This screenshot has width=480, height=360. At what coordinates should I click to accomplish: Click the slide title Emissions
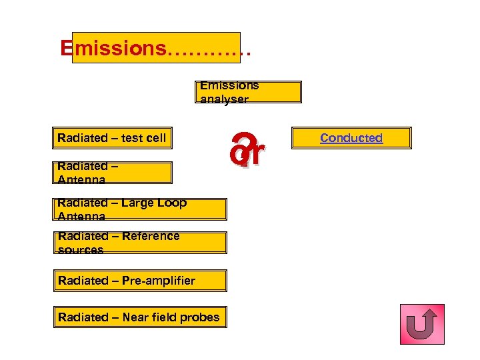113,48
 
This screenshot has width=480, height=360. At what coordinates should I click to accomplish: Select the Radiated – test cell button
112,138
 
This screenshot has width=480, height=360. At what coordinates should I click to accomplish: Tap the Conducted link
351,138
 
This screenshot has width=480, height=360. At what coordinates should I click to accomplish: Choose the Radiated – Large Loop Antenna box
140,209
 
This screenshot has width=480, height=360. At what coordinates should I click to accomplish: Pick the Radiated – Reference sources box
140,243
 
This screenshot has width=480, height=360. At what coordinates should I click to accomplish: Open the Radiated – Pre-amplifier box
140,281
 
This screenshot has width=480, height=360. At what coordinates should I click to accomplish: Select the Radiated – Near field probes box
140,317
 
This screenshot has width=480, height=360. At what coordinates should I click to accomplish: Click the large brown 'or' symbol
247,152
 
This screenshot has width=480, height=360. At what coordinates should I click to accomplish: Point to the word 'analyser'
224,99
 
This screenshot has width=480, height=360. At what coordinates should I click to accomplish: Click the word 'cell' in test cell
154,138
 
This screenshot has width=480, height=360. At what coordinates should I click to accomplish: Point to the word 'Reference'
147,236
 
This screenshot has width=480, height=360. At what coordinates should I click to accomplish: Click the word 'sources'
81,250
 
